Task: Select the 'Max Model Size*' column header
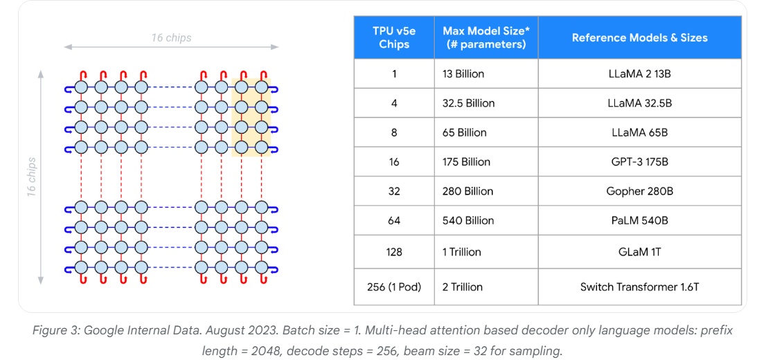tap(485, 37)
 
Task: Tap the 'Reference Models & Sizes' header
tap(639, 37)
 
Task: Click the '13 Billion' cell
tap(463, 73)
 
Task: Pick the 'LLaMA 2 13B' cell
tap(639, 73)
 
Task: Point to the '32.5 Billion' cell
tap(469, 103)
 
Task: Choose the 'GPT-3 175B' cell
tap(639, 162)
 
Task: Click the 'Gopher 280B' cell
tap(639, 191)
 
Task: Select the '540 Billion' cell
tap(468, 221)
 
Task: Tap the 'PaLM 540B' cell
tap(639, 221)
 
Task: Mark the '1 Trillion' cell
tap(462, 252)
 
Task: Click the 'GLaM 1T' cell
tap(639, 252)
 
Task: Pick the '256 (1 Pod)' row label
tap(394, 287)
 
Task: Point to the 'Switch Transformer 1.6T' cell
tap(639, 287)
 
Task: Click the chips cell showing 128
tap(394, 252)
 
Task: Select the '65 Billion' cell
tap(465, 132)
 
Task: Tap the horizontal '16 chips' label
tap(171, 37)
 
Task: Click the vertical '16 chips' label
tap(32, 177)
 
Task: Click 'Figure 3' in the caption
tap(56, 331)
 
